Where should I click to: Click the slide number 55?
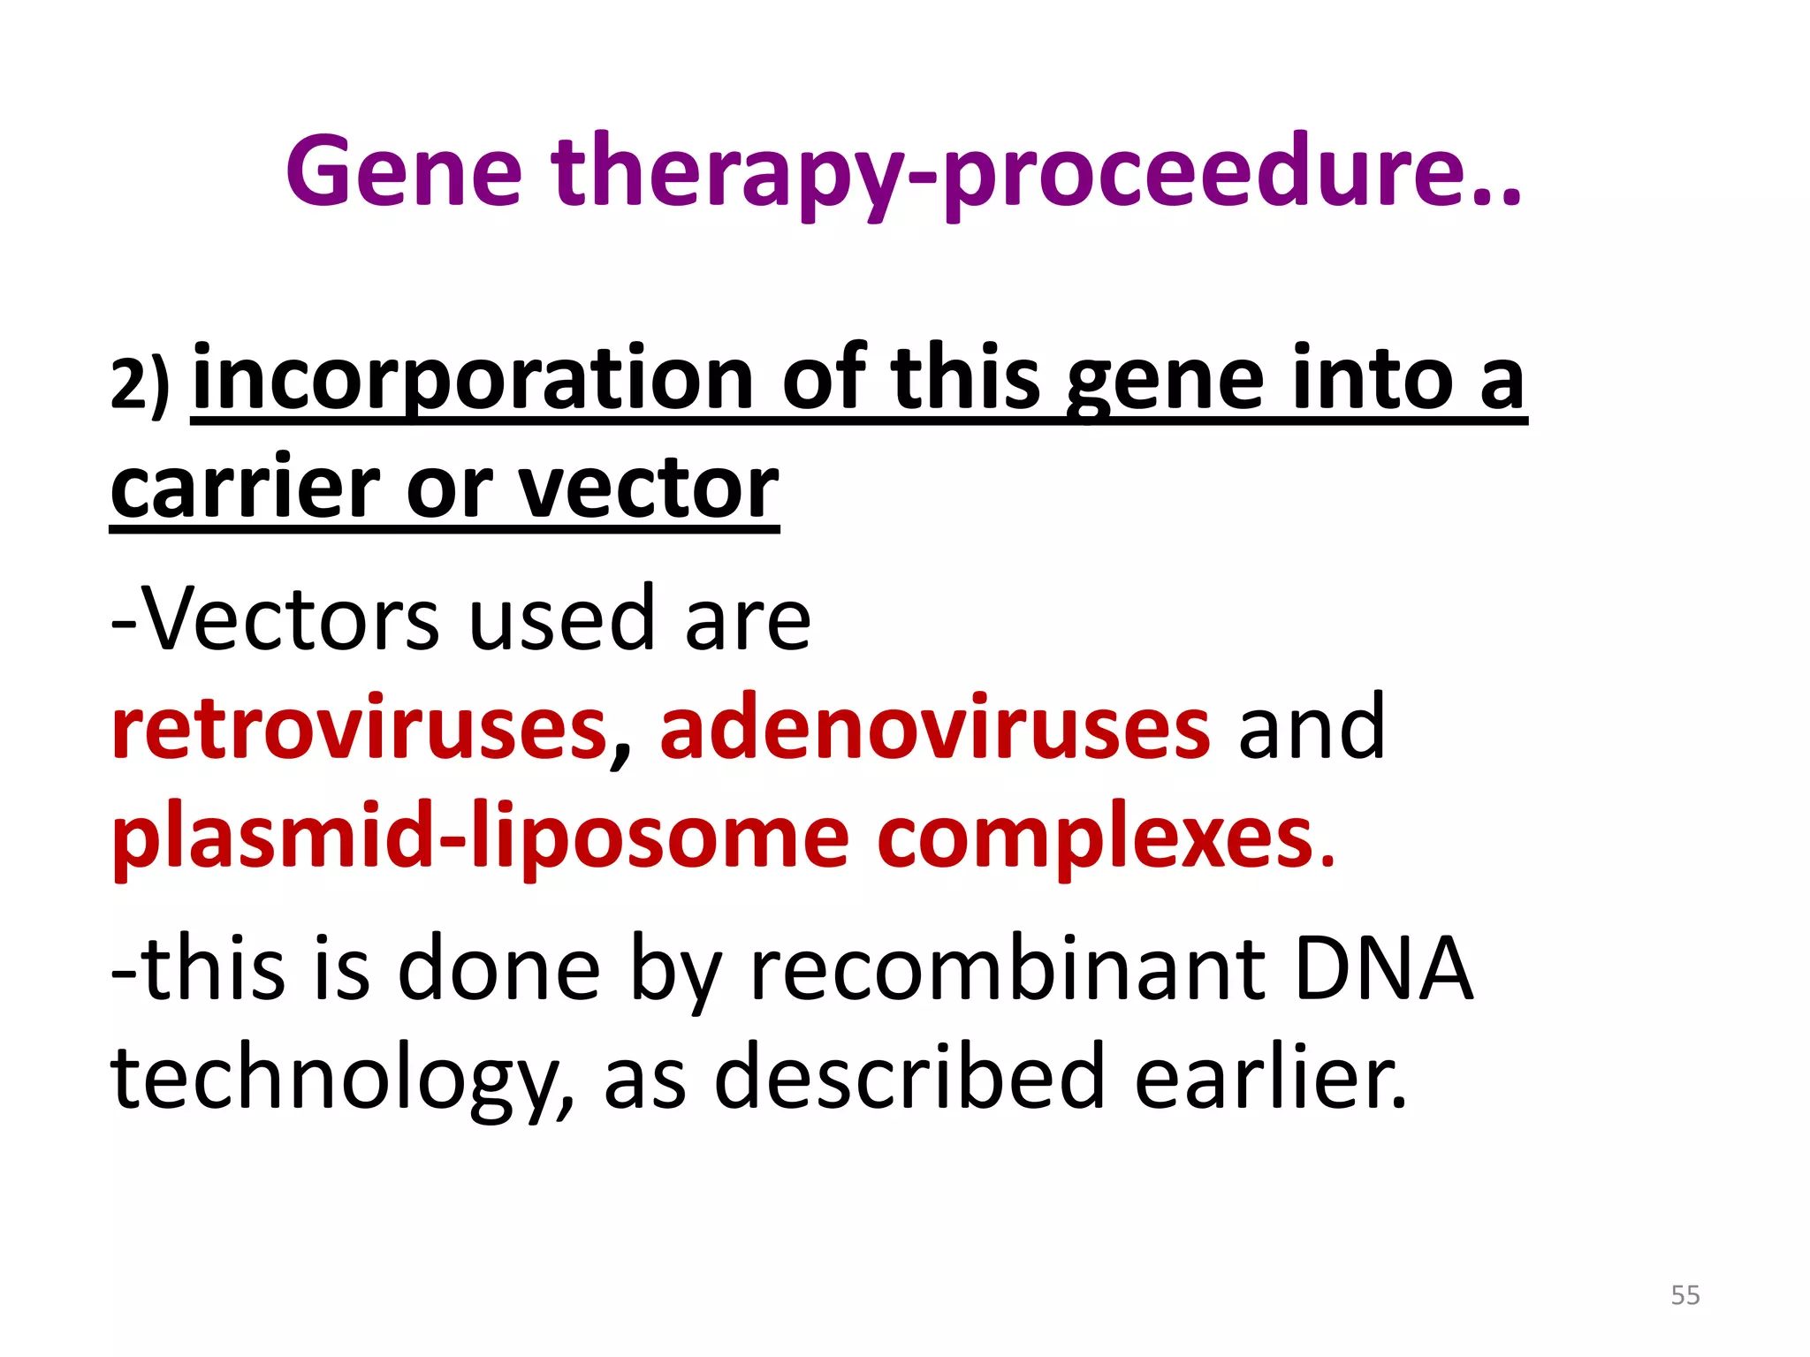pyautogui.click(x=1685, y=1295)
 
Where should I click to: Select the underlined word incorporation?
pyautogui.click(x=472, y=380)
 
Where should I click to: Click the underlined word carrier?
pyautogui.click(x=244, y=488)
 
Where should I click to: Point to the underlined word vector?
pyautogui.click(x=648, y=488)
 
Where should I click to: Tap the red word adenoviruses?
pyautogui.click(x=934, y=727)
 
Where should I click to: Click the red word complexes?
pyautogui.click(x=1105, y=837)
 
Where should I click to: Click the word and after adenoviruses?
pyautogui.click(x=1311, y=727)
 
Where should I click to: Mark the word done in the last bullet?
pyautogui.click(x=499, y=969)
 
